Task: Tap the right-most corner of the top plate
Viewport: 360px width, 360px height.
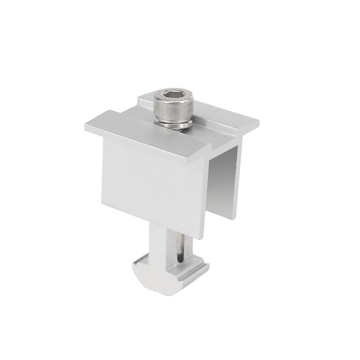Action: [259, 122]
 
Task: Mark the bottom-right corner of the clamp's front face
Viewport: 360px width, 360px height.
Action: [204, 238]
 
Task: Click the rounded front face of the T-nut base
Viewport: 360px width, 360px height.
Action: [153, 281]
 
